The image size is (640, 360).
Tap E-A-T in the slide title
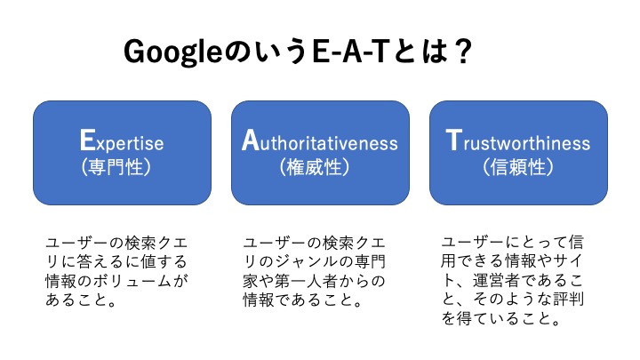point(349,52)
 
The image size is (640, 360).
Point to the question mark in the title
point(463,52)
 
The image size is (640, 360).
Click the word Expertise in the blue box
point(122,140)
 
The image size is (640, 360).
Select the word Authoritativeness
point(320,140)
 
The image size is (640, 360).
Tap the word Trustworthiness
point(518,140)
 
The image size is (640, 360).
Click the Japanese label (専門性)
point(116,167)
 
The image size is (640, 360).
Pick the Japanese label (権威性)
point(315,167)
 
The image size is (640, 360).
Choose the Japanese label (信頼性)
point(518,167)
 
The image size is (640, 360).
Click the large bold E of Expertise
point(87,140)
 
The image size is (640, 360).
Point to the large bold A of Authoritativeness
point(250,140)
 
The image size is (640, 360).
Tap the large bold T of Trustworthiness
point(454,140)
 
